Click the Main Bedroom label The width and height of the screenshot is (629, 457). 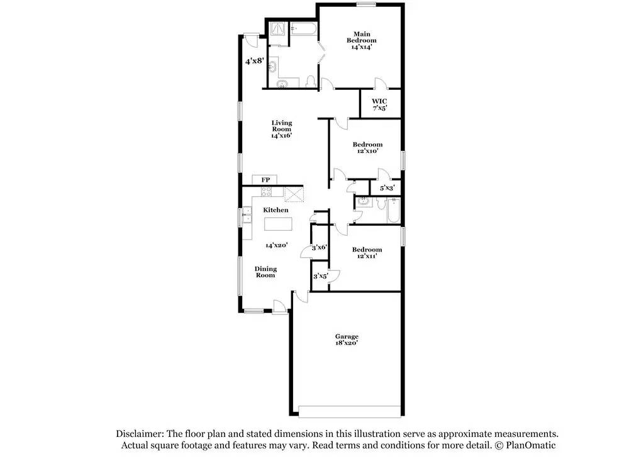click(361, 37)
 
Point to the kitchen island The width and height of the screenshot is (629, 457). click(277, 224)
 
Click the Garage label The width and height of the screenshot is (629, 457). click(347, 336)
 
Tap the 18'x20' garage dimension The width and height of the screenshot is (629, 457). click(347, 343)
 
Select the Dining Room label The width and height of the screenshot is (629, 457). click(265, 272)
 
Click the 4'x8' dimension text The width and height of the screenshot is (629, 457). click(253, 61)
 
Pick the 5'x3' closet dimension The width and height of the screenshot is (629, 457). click(386, 188)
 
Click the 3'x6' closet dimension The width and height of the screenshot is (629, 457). click(320, 247)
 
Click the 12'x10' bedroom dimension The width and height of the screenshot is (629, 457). click(367, 151)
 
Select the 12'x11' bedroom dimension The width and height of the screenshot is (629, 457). click(367, 256)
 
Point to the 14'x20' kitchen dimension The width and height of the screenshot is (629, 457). click(276, 245)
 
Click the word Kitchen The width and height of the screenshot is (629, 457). click(276, 210)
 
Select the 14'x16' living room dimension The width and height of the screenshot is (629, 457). click(281, 135)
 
